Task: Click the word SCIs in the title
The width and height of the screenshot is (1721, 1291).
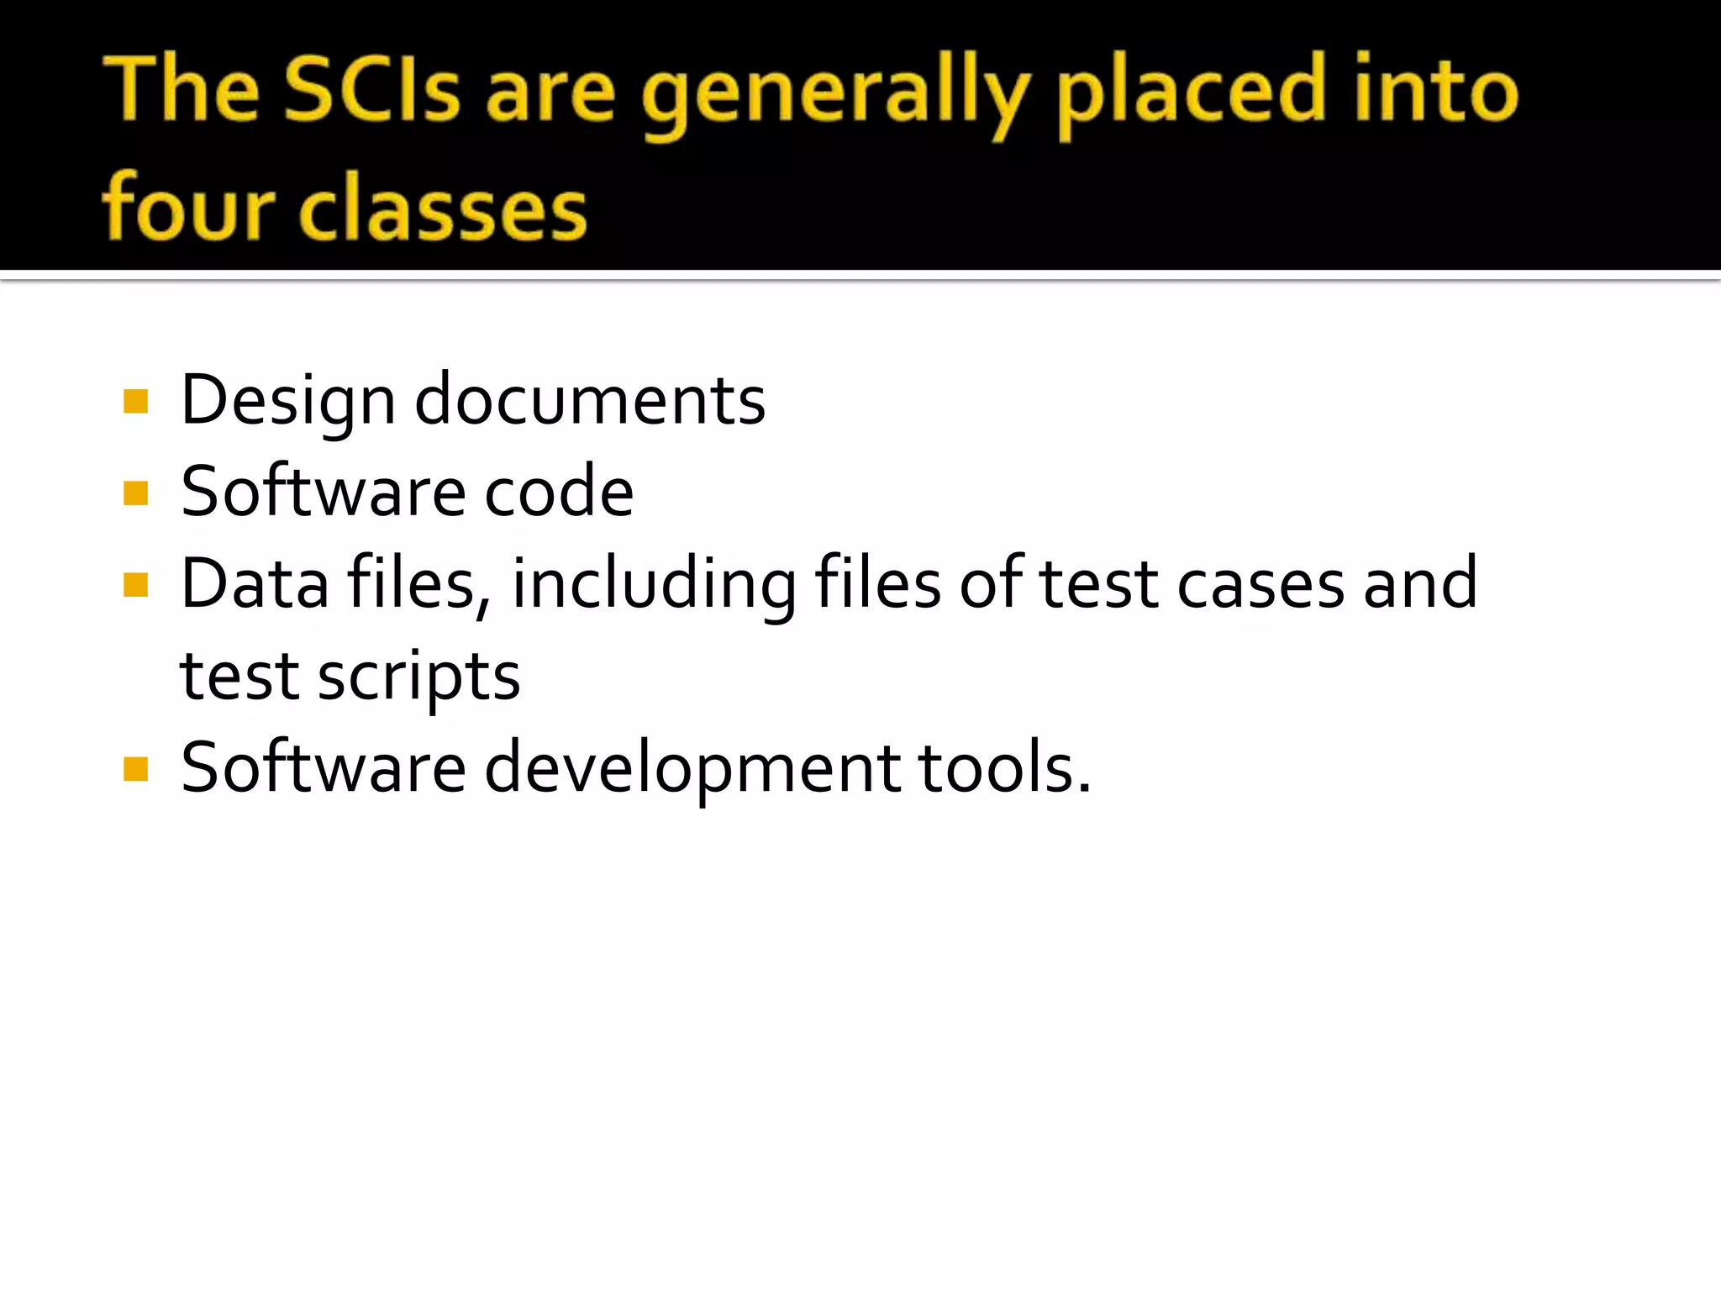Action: tap(371, 91)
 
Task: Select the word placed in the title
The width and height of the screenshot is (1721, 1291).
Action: tap(1192, 92)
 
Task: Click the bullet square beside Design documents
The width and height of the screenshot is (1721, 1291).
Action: tap(135, 401)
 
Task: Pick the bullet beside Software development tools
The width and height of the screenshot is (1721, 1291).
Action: tap(135, 769)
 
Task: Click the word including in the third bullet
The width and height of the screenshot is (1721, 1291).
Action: tap(654, 584)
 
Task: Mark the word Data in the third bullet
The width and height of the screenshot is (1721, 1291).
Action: tap(255, 584)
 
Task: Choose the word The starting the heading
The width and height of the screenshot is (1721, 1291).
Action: tap(182, 91)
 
